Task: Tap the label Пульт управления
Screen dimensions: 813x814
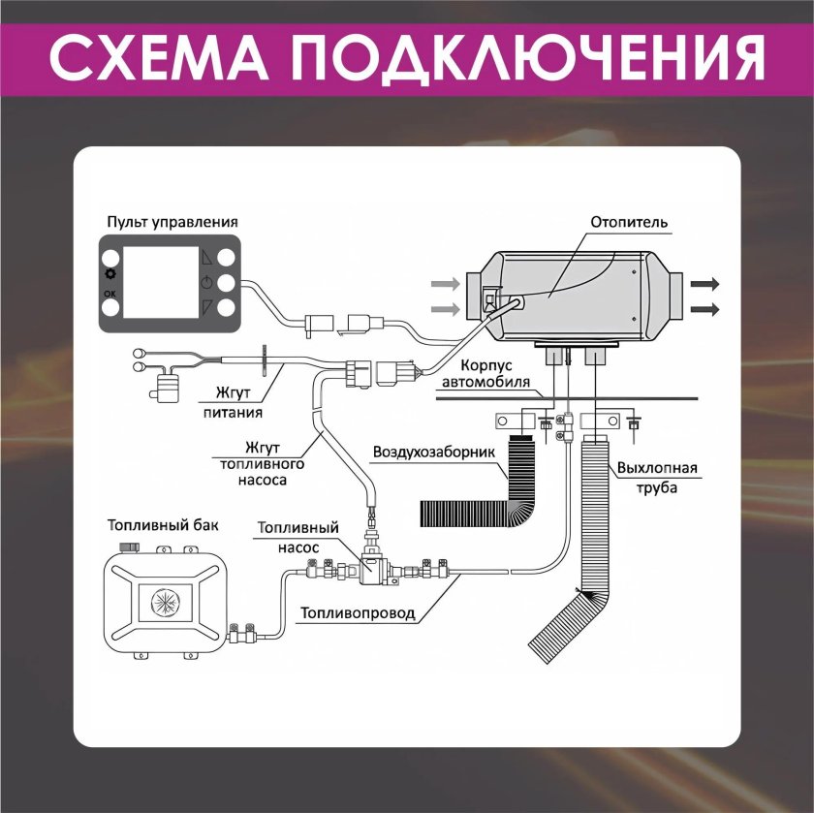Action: pyautogui.click(x=172, y=222)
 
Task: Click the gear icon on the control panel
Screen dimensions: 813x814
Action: pyautogui.click(x=110, y=274)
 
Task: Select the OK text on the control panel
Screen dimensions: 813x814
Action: pyautogui.click(x=110, y=292)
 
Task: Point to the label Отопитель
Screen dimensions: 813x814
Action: pyautogui.click(x=629, y=222)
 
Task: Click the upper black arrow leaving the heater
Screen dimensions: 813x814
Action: pyautogui.click(x=704, y=284)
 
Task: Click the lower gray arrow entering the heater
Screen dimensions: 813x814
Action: pyautogui.click(x=445, y=309)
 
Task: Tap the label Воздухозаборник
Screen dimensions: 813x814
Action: pyautogui.click(x=434, y=452)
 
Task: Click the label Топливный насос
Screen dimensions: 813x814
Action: pyautogui.click(x=297, y=536)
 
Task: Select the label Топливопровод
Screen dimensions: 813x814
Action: pyautogui.click(x=358, y=612)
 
